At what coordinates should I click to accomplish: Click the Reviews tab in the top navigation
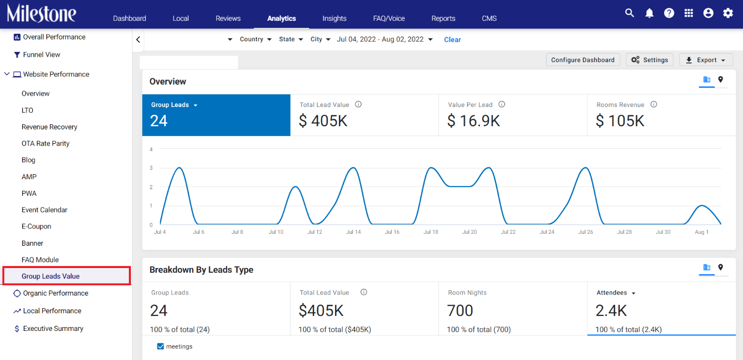228,18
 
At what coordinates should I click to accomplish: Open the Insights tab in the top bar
335,18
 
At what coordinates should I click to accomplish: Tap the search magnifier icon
629,13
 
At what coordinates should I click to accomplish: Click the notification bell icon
649,13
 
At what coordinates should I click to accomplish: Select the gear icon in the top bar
728,13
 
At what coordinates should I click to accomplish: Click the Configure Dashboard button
583,60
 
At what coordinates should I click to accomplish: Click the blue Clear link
453,39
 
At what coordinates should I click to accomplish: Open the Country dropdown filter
256,39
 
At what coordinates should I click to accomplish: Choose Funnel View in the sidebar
42,55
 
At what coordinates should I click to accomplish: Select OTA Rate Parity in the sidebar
45,143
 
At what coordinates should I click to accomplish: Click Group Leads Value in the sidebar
50,276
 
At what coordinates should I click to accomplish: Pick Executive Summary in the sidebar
53,328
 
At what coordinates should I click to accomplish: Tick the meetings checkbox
161,346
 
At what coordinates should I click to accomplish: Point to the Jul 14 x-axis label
353,232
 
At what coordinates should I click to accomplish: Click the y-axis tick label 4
151,149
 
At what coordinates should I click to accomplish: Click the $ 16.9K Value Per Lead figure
474,121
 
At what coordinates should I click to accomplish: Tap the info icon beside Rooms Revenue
654,104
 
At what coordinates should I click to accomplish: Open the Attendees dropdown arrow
633,294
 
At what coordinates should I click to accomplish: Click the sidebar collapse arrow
138,40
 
